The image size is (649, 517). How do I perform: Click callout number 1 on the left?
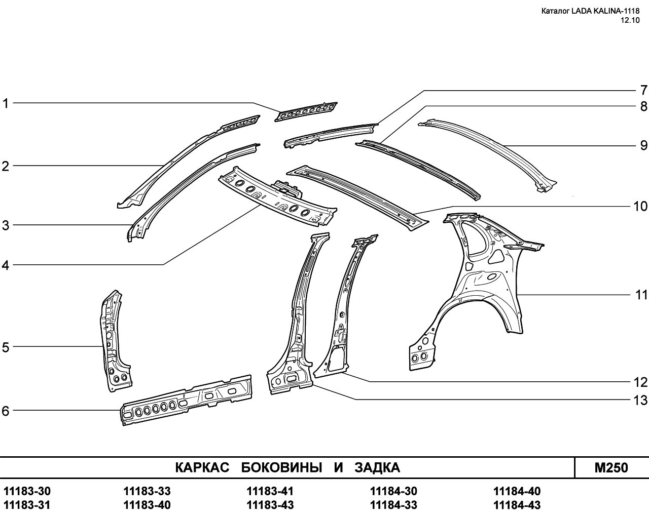[x=6, y=103]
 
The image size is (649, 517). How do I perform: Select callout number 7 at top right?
[x=643, y=90]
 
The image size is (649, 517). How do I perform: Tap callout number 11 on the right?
[x=641, y=295]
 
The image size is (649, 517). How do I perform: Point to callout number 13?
[x=640, y=400]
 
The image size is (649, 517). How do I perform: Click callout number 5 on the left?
[x=6, y=347]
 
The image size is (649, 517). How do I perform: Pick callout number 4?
[x=6, y=265]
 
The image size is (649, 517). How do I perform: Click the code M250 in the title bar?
[x=611, y=468]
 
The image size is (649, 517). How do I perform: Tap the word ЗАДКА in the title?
[x=377, y=467]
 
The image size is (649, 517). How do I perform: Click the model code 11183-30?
[x=27, y=491]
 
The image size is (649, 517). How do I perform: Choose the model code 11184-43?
[x=517, y=505]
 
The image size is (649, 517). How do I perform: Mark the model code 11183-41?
[x=270, y=491]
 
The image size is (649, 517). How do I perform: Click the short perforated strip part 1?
[x=306, y=112]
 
